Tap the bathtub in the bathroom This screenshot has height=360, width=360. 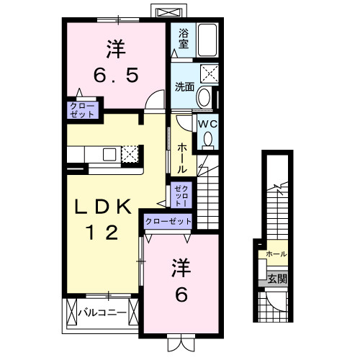208,39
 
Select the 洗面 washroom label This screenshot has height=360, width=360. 184,87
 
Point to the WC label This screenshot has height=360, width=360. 206,124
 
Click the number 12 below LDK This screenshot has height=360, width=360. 105,233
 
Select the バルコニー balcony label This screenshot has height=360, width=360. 102,313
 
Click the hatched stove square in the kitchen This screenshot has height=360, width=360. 130,154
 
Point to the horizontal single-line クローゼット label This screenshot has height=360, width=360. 169,222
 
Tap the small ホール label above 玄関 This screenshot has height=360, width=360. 276,254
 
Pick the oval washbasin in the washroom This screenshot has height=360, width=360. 204,96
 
